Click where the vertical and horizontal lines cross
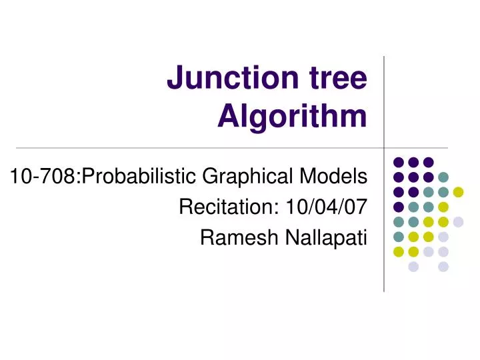pos(385,147)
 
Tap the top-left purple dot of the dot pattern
pos(399,161)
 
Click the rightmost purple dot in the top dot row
pos(428,161)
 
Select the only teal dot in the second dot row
pos(443,177)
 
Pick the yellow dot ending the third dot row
pos(458,192)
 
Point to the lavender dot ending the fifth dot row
pos(458,222)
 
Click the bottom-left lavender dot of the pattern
pos(413,267)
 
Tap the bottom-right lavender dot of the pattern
pos(443,267)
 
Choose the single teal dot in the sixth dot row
pos(399,237)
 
